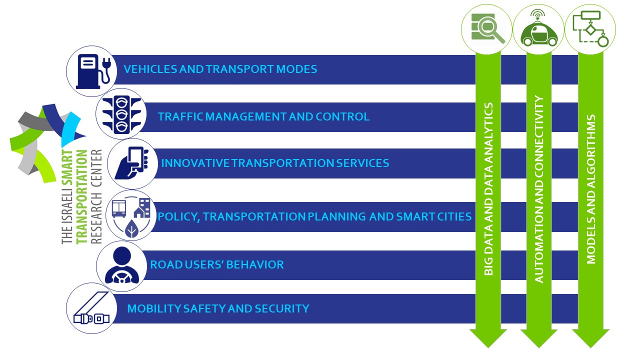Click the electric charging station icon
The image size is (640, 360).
point(93,71)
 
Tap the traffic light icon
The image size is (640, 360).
point(121,114)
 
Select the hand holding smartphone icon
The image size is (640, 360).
point(132,163)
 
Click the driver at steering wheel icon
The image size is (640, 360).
point(121,265)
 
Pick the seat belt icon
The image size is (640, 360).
point(91,308)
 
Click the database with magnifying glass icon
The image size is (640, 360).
point(486,28)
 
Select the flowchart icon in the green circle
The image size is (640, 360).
point(590,28)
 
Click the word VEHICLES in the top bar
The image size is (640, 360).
point(150,69)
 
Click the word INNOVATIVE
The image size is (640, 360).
point(195,163)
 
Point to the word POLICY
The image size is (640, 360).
point(177,217)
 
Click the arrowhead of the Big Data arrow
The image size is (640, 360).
point(488,338)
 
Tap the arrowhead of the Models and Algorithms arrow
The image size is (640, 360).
point(590,338)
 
